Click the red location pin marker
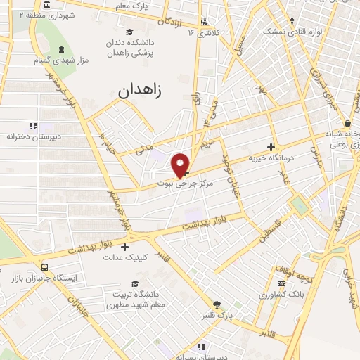(181, 165)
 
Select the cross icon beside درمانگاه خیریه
(271, 147)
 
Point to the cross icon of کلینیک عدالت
(124, 247)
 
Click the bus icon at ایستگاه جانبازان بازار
(46, 267)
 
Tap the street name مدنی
(143, 146)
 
